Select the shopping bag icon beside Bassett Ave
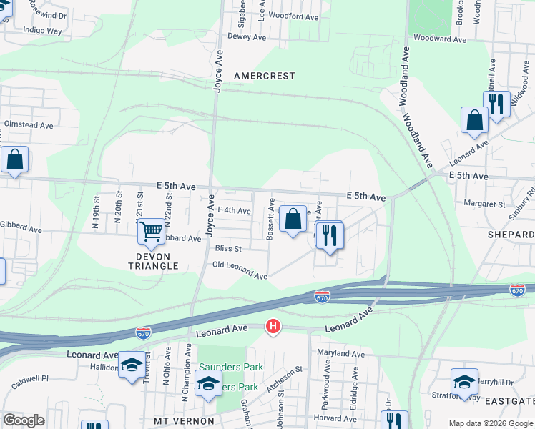pos(293,220)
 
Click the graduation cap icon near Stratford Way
pos(464,382)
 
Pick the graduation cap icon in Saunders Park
pos(208,385)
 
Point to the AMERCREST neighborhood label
pos(265,75)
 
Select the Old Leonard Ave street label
pos(240,270)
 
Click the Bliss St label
pos(229,249)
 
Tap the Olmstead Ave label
pos(29,124)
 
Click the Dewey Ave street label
pos(247,36)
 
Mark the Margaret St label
pos(484,204)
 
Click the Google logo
pos(23,420)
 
